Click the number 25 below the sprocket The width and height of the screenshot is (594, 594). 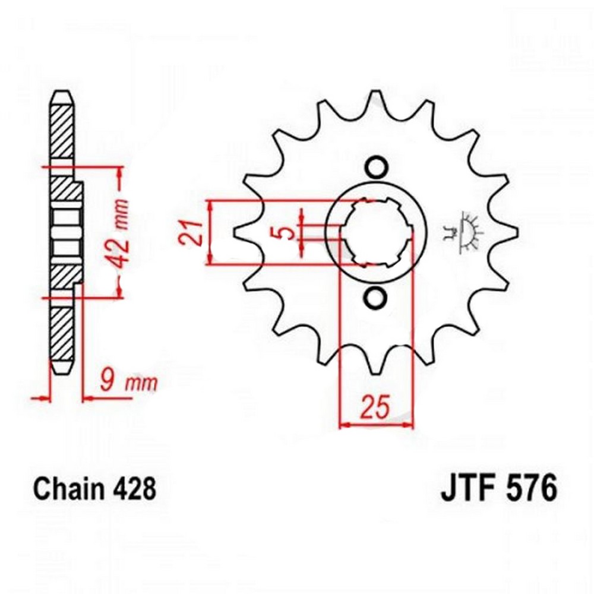[375, 407]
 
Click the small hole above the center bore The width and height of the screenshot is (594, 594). [376, 167]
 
